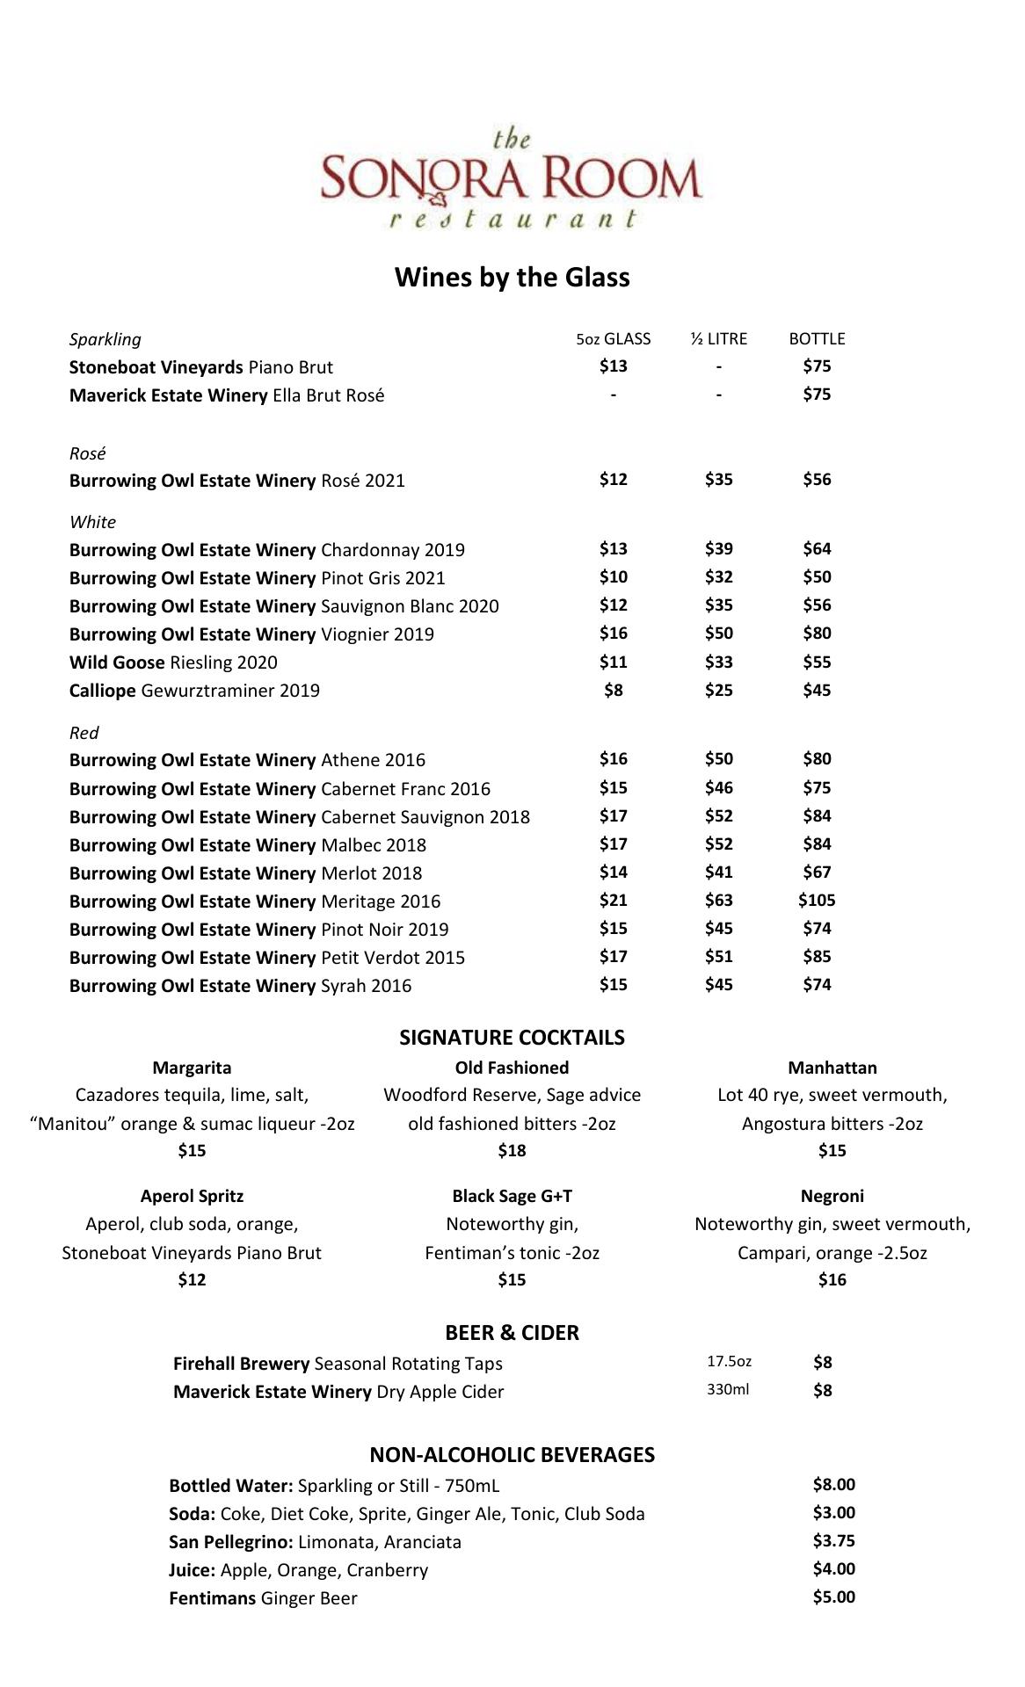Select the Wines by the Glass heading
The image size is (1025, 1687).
[512, 278]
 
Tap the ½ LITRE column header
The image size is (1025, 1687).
[718, 339]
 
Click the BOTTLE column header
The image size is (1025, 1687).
[817, 339]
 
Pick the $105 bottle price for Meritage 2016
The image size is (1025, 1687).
[817, 900]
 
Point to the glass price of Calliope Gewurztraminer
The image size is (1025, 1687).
[613, 690]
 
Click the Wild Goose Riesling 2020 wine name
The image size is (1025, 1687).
[173, 662]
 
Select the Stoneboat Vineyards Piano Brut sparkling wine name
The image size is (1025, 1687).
[201, 367]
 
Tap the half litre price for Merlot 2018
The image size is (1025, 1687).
[718, 872]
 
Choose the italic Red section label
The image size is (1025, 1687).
[84, 733]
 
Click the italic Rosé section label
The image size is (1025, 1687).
[88, 453]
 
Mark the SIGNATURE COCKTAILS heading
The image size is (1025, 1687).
[512, 1038]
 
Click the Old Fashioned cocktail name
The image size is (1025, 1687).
[512, 1068]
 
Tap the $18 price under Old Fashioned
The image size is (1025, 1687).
[512, 1150]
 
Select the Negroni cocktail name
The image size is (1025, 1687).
[832, 1196]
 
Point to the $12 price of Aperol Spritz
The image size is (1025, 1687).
[192, 1279]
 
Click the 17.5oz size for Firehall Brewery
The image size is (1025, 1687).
[729, 1362]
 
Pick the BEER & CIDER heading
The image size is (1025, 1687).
[512, 1333]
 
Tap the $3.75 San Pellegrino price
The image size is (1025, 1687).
[833, 1540]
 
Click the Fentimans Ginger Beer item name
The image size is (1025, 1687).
[263, 1598]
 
